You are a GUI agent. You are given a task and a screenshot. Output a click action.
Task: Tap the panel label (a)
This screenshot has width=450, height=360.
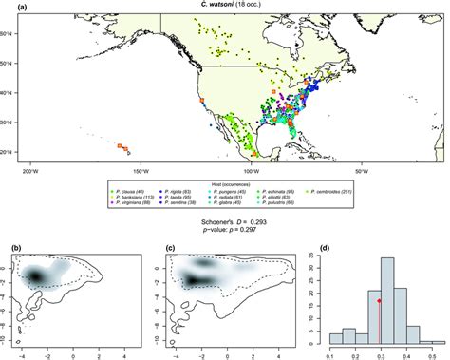point(16,7)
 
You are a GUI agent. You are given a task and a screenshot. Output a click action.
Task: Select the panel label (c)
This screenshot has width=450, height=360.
point(171,249)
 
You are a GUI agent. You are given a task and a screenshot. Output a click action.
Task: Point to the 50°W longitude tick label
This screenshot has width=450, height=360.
point(361,172)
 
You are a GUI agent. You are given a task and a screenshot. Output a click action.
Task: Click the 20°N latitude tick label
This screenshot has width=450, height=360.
point(10,152)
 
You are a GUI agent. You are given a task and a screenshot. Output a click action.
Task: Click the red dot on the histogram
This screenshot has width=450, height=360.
point(380,301)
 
